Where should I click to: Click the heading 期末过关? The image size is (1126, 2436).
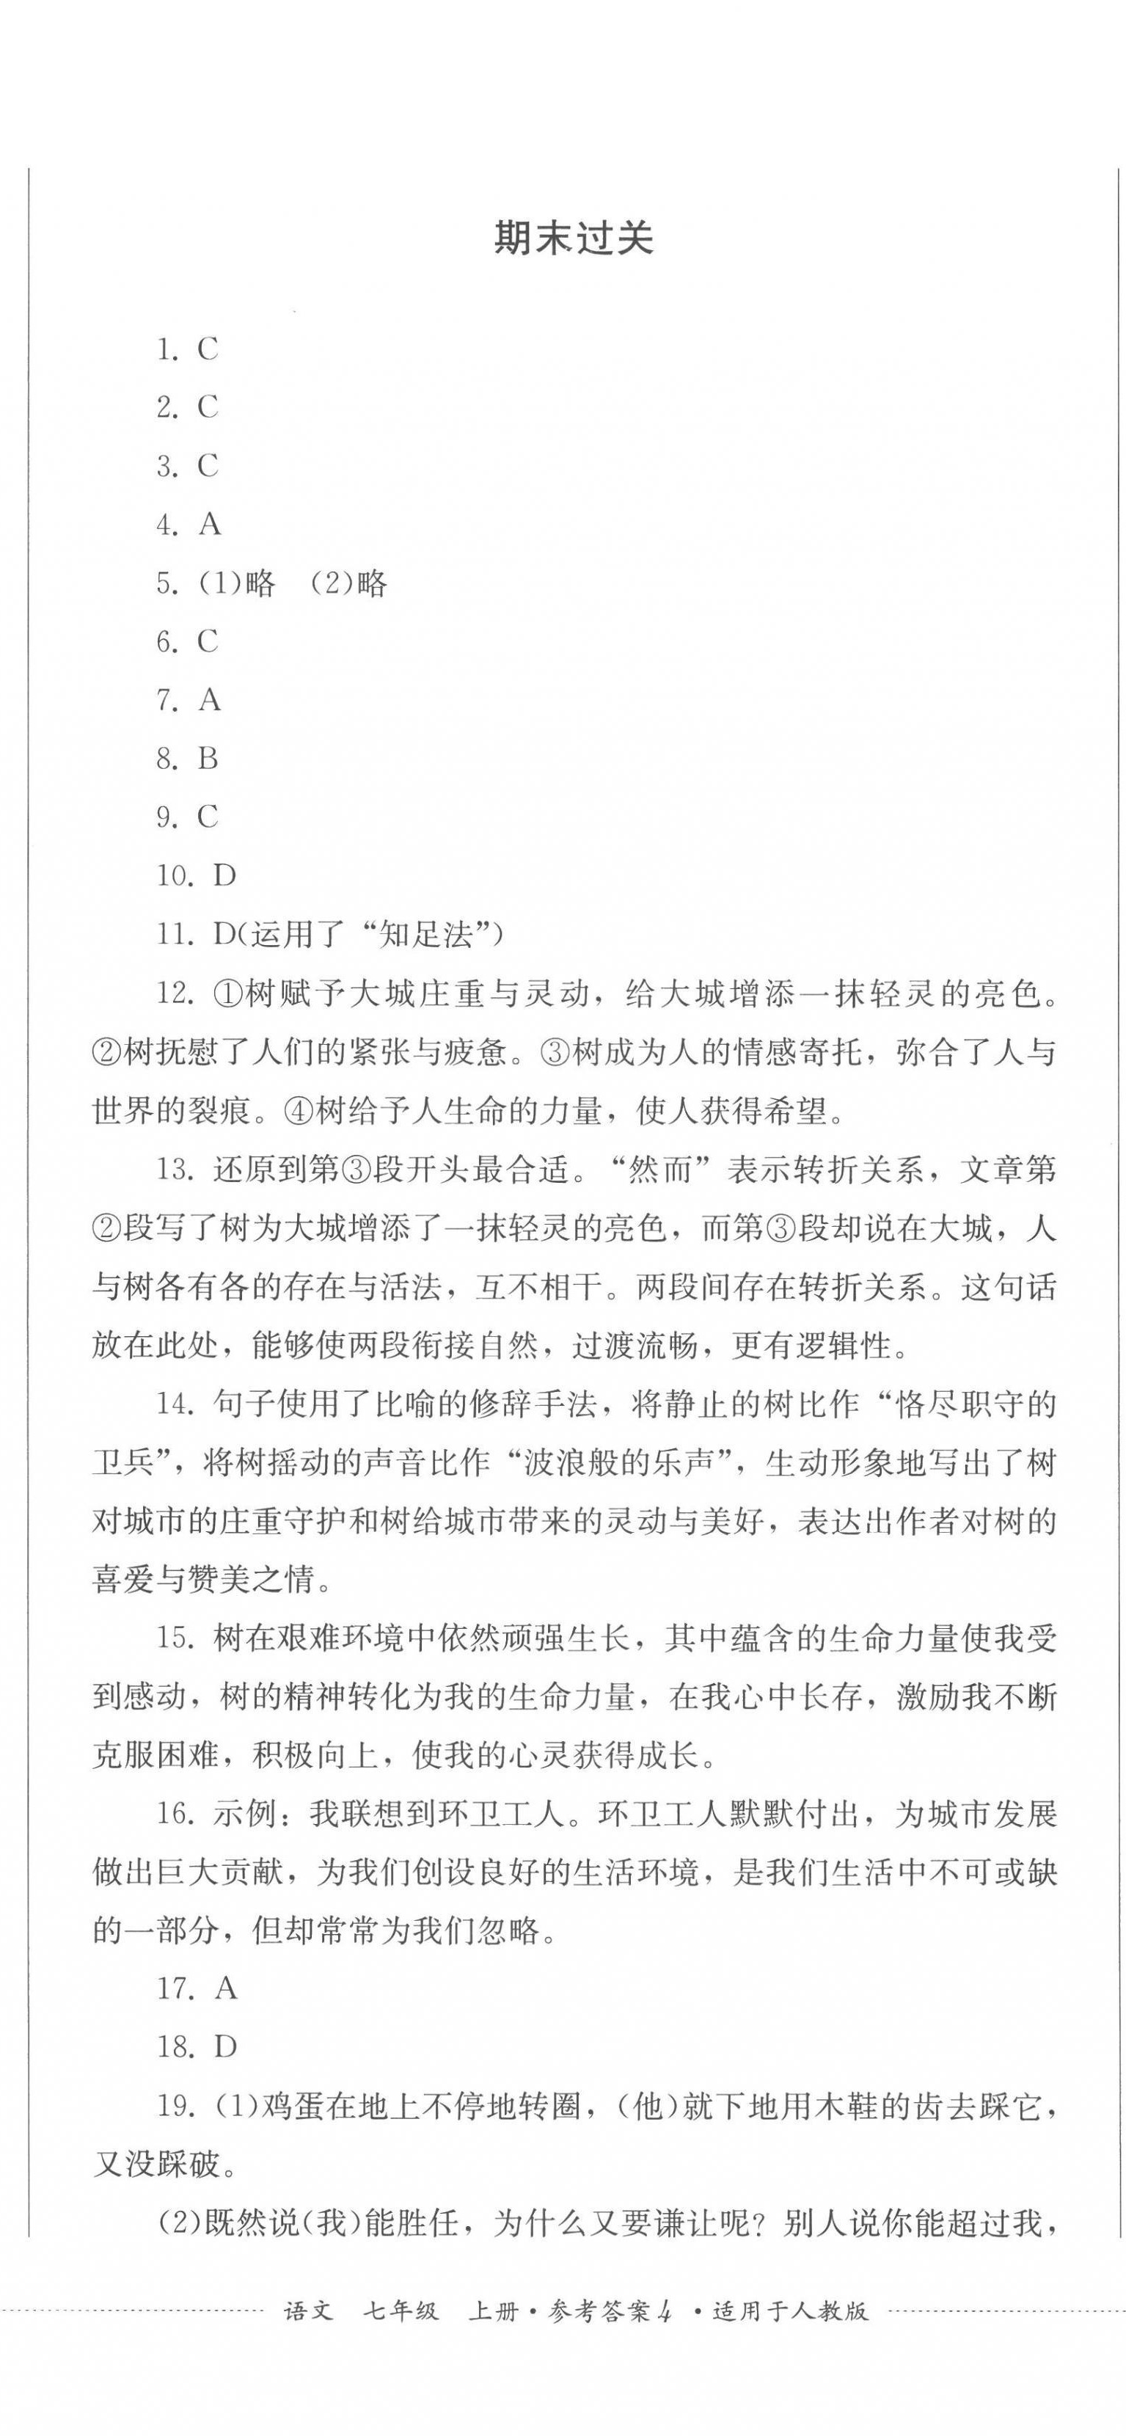tap(573, 239)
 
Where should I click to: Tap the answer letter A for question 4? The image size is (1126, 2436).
tap(210, 525)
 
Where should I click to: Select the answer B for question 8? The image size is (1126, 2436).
tap(208, 759)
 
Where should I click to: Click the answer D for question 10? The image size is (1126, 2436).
tap(224, 875)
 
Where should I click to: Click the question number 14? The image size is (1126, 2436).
tap(175, 1404)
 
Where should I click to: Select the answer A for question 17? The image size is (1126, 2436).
tap(226, 1990)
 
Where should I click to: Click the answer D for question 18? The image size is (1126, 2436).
tap(225, 2049)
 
